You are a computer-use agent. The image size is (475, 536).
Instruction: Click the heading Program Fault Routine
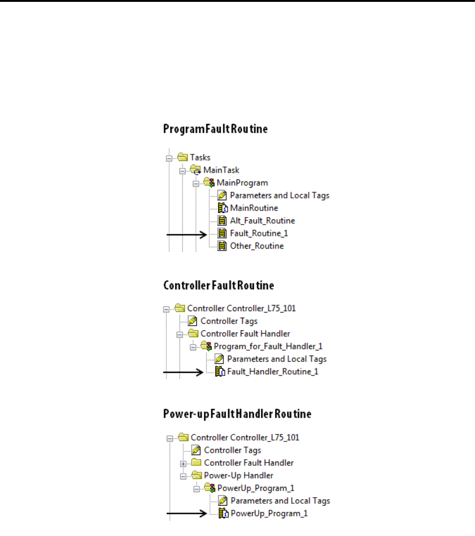click(215, 129)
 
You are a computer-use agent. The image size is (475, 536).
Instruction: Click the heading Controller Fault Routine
click(218, 285)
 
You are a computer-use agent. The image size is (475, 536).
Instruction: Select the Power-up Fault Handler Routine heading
click(237, 414)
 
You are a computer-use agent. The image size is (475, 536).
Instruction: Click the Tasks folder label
click(200, 158)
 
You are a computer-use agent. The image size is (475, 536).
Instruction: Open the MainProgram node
click(242, 183)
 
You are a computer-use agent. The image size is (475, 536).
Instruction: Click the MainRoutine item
click(254, 208)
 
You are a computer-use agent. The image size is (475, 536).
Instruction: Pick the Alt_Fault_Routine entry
click(262, 221)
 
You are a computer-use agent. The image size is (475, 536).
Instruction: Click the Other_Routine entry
click(257, 246)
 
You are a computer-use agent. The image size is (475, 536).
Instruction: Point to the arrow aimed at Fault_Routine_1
click(187, 235)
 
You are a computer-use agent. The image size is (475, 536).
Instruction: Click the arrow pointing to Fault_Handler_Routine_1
click(183, 373)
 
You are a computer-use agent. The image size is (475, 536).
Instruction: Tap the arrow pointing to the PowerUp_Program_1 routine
click(187, 514)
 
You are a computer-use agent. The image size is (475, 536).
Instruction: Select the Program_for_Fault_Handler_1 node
click(268, 347)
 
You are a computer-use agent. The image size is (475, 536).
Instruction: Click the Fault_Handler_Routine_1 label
click(273, 372)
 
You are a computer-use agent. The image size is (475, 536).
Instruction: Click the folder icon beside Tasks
click(182, 158)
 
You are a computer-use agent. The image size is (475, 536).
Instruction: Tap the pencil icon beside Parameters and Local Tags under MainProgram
click(223, 196)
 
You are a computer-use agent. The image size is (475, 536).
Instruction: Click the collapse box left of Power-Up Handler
click(184, 476)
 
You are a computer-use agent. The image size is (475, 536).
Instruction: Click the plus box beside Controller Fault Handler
click(184, 464)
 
